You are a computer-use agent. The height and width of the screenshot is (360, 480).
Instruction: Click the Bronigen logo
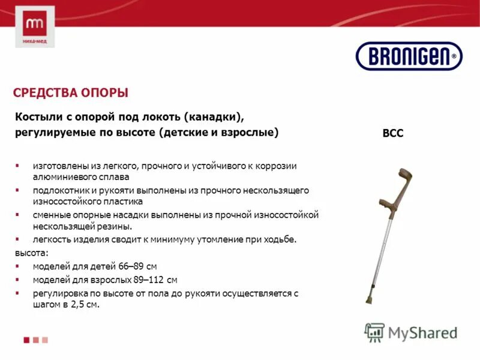coord(409,56)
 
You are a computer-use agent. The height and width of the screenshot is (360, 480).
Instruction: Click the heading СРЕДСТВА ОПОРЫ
coord(71,93)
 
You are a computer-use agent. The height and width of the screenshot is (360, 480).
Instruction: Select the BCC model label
coord(393,133)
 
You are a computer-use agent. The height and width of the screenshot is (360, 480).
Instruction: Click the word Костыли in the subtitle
coord(38,116)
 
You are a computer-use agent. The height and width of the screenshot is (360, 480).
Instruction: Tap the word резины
coord(114,226)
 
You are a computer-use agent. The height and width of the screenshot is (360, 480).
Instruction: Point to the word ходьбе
coord(280,239)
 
